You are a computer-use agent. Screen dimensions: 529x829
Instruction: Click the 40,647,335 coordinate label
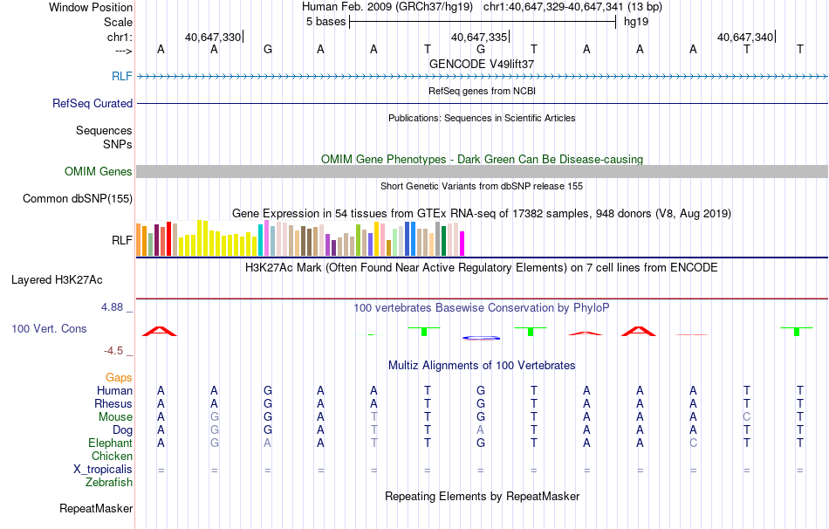click(x=478, y=37)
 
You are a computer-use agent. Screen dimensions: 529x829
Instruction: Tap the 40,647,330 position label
click(x=212, y=37)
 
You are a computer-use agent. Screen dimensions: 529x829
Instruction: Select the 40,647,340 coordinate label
click(x=744, y=37)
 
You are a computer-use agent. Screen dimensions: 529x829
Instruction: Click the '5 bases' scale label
click(x=325, y=22)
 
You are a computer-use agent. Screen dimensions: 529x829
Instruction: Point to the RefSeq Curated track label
click(x=92, y=103)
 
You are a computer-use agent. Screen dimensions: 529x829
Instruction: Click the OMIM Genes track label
click(x=98, y=172)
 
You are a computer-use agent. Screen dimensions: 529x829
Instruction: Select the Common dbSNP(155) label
click(x=77, y=199)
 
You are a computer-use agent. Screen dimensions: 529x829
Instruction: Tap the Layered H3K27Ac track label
click(x=57, y=280)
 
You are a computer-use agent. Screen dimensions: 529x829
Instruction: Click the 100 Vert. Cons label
click(x=49, y=329)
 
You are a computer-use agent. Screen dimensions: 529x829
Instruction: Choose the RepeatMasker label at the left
click(x=96, y=508)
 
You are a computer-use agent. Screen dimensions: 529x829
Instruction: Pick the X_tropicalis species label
click(x=103, y=469)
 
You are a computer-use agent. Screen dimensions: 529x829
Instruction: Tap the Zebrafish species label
click(x=109, y=482)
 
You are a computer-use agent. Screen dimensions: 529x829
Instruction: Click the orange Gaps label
click(x=119, y=377)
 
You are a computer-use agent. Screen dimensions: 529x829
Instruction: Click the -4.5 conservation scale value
click(x=118, y=351)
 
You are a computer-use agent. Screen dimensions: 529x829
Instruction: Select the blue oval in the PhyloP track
click(x=480, y=337)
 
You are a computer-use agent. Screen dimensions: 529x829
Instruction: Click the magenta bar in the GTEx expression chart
click(x=462, y=244)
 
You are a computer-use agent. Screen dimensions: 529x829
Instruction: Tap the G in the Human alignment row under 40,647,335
click(x=480, y=390)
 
